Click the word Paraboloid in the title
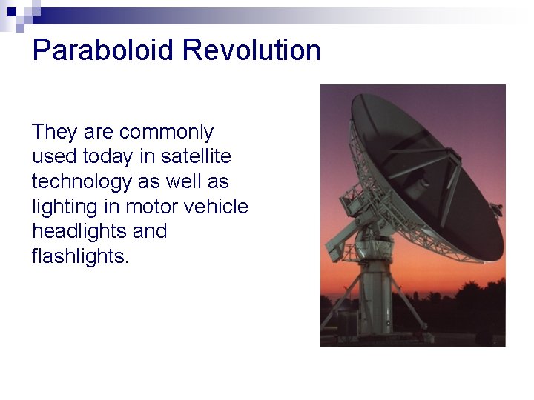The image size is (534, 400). tap(103, 50)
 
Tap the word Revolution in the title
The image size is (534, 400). tap(251, 50)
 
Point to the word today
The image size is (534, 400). tap(108, 156)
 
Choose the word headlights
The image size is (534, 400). tap(79, 231)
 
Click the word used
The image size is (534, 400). tap(54, 156)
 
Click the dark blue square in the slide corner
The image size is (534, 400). tap(11, 11)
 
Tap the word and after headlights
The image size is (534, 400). tap(150, 231)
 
